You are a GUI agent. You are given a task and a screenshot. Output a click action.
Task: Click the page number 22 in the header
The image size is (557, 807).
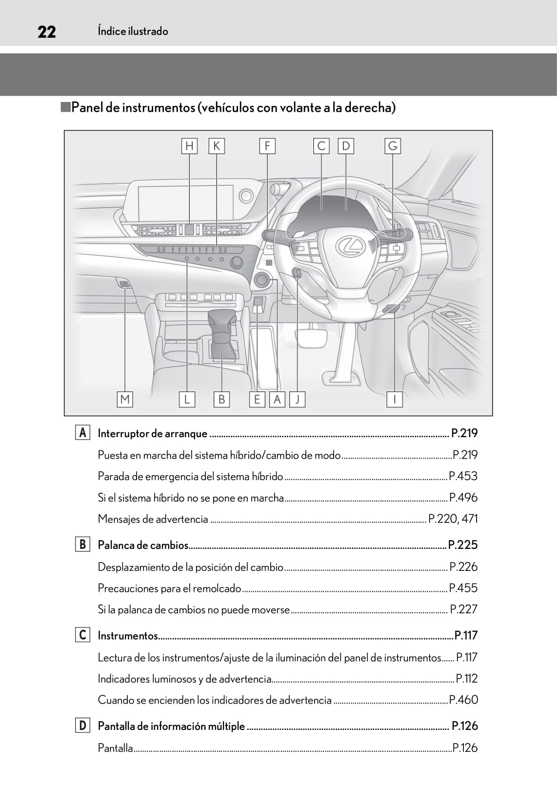click(46, 32)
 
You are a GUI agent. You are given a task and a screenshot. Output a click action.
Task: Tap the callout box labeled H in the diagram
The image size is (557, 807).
click(189, 146)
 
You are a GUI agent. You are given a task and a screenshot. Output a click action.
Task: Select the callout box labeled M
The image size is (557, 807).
click(125, 399)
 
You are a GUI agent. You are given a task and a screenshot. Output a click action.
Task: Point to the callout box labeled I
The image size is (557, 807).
click(394, 399)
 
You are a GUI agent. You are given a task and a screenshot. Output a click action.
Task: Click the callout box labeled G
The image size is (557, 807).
click(393, 146)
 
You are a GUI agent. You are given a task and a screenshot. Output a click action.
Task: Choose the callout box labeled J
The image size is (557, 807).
click(297, 399)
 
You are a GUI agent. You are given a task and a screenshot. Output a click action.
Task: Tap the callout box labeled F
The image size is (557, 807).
click(267, 146)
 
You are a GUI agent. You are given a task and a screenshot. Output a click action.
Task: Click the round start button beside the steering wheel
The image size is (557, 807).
click(262, 280)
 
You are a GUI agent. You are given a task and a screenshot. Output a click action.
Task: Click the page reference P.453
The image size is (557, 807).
click(463, 476)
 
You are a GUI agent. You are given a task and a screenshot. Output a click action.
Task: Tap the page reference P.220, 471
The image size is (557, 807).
click(453, 519)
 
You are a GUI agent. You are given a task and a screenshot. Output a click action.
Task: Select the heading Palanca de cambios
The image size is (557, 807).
click(143, 545)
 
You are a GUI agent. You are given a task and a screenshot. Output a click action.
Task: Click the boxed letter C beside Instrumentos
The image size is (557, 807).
click(82, 635)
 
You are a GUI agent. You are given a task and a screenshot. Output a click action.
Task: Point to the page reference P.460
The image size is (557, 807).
click(463, 700)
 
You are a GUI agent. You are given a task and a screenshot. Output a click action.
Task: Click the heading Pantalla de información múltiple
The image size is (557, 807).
click(171, 726)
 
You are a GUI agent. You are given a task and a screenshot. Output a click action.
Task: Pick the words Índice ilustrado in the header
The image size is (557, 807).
click(133, 31)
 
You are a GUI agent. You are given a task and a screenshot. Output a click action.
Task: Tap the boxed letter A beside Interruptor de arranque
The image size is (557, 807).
click(82, 433)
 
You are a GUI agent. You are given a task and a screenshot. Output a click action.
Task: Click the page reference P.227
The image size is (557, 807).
click(463, 609)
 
